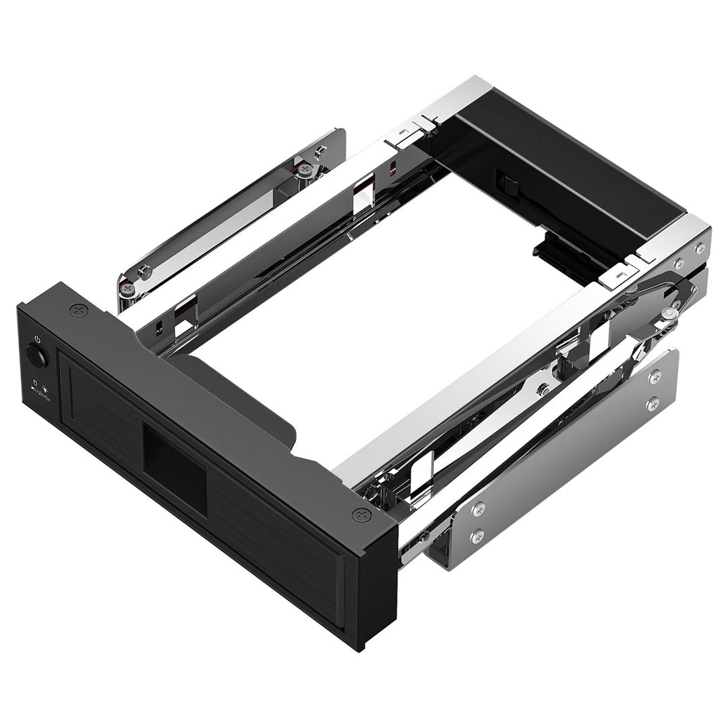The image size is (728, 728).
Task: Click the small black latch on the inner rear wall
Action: click(x=504, y=181)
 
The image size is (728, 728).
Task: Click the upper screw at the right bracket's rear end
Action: click(x=653, y=378)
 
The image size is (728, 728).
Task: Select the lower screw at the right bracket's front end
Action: click(x=478, y=536)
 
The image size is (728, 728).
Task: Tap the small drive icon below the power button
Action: click(x=35, y=387)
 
